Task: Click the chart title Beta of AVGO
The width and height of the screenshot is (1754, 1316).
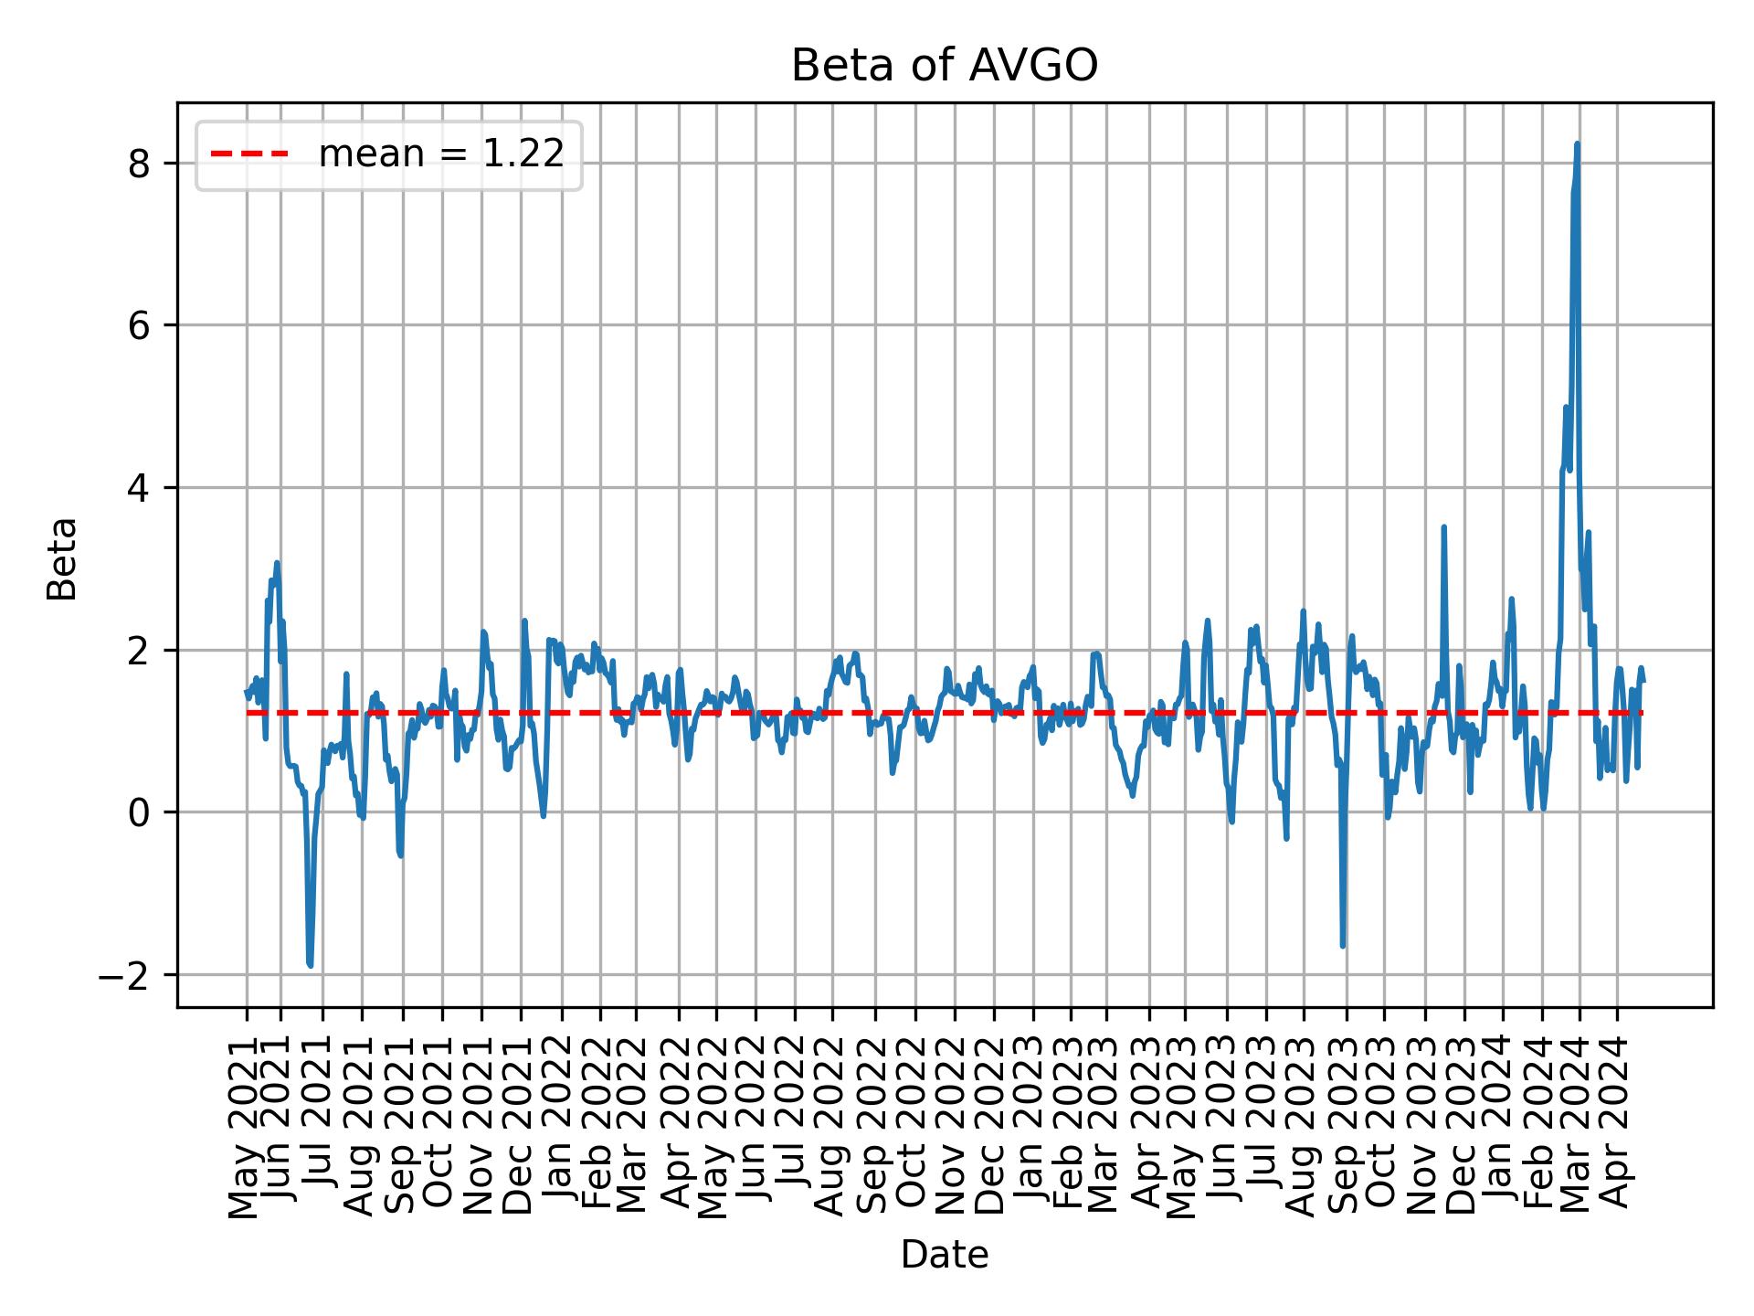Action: pyautogui.click(x=944, y=66)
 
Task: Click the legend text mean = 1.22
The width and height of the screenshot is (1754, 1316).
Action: pyautogui.click(x=440, y=154)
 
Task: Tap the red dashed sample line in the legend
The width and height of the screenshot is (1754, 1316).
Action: pyautogui.click(x=248, y=154)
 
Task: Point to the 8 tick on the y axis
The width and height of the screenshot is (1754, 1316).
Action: pyautogui.click(x=139, y=164)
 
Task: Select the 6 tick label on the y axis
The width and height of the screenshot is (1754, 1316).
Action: pyautogui.click(x=139, y=326)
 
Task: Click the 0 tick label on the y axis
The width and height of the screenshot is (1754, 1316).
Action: pyautogui.click(x=139, y=812)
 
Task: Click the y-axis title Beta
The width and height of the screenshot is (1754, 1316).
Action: pyautogui.click(x=62, y=558)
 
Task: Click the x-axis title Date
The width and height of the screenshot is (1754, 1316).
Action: pyautogui.click(x=944, y=1256)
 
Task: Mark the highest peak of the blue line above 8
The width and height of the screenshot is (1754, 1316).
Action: pyautogui.click(x=1577, y=144)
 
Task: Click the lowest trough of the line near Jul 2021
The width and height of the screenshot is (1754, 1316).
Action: pyautogui.click(x=311, y=965)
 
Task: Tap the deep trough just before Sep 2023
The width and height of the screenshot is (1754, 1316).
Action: pyautogui.click(x=1342, y=945)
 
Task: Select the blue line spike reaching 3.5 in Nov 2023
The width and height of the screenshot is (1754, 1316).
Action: pyautogui.click(x=1443, y=527)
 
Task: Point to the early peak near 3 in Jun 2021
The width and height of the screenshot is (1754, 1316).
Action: pyautogui.click(x=277, y=563)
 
